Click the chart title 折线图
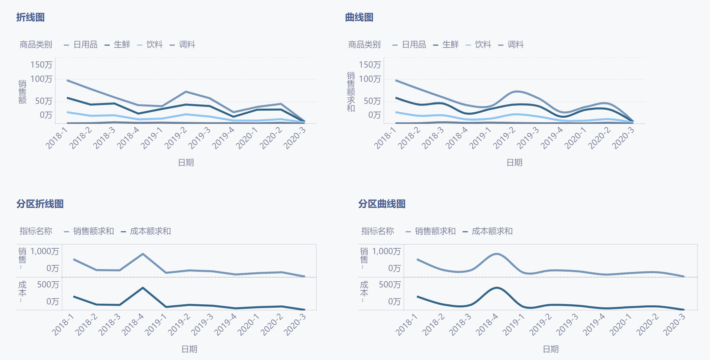(x=30, y=17)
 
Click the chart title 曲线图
(x=359, y=17)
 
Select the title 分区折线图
(x=40, y=204)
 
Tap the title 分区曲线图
(x=382, y=204)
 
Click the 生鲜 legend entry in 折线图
(x=121, y=44)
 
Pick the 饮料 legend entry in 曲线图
(x=482, y=44)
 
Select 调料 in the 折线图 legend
(x=186, y=44)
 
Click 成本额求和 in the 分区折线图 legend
(x=150, y=231)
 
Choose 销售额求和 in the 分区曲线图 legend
(x=435, y=231)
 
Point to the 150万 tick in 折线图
(x=41, y=64)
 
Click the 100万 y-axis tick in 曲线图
(x=370, y=79)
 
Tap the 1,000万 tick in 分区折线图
(x=44, y=251)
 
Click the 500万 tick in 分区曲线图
(x=390, y=285)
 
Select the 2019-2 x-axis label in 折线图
(x=176, y=138)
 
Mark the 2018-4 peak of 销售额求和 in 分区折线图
(x=143, y=254)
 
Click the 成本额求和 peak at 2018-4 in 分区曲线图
(x=497, y=288)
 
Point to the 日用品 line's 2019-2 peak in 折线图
(x=186, y=92)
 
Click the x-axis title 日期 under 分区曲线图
(x=551, y=349)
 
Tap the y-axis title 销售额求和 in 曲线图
(x=351, y=92)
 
